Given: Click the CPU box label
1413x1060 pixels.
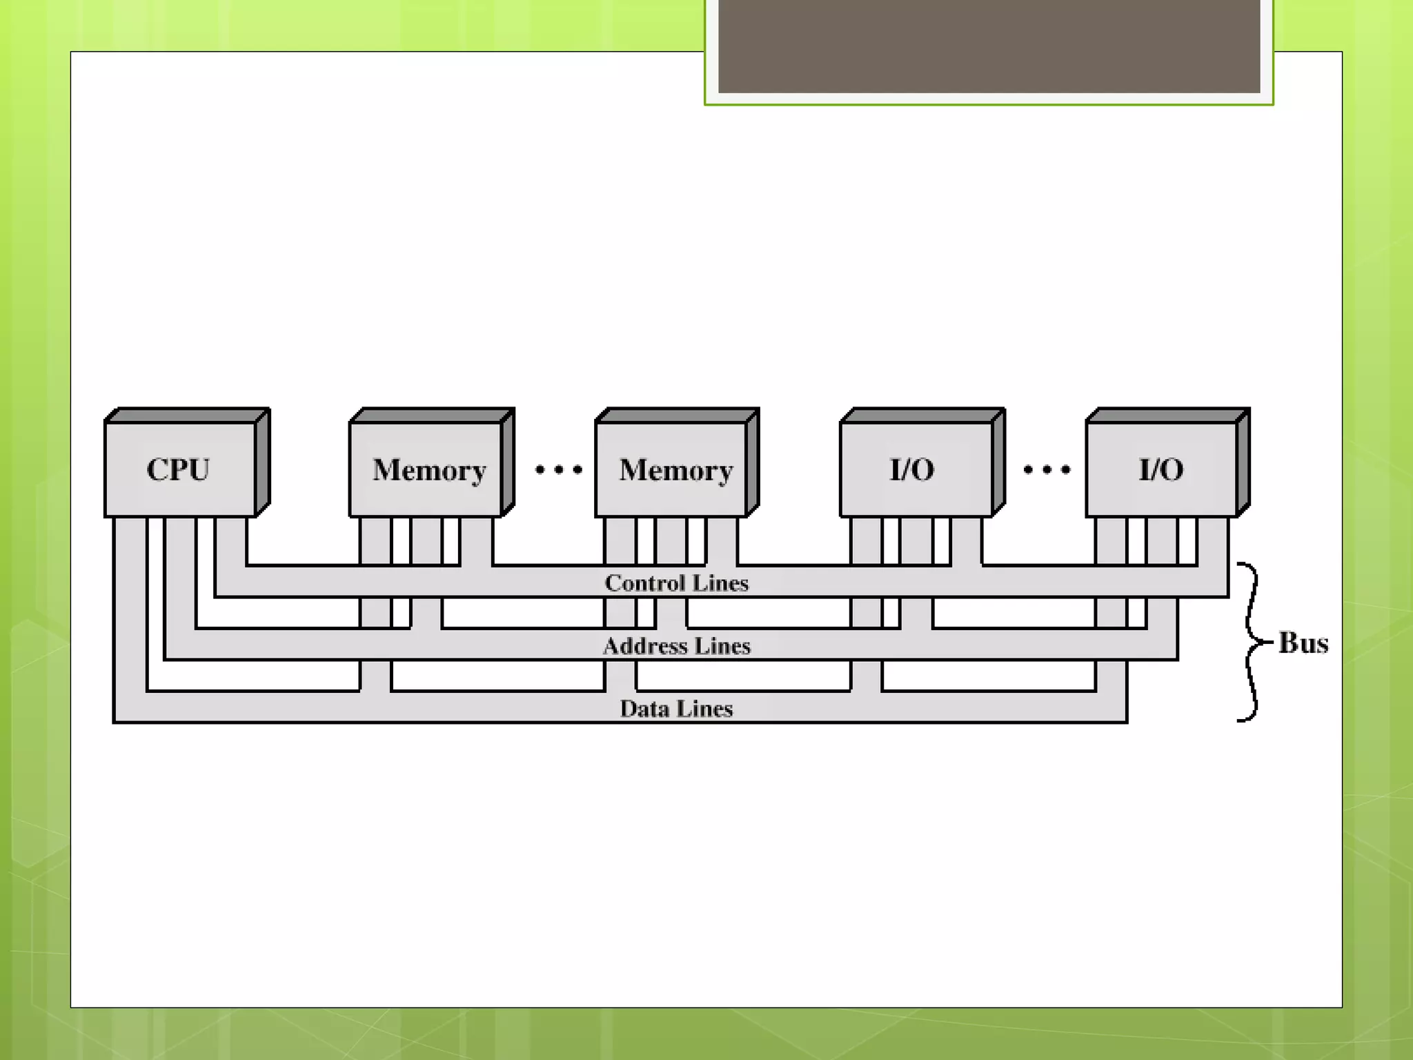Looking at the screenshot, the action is click(178, 470).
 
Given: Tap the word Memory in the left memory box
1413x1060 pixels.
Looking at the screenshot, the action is click(429, 471).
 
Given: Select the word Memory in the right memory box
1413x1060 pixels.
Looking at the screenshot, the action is click(675, 471).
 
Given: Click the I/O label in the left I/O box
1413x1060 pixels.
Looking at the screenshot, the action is click(912, 470).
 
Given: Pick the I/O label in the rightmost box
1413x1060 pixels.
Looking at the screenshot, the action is click(1161, 470).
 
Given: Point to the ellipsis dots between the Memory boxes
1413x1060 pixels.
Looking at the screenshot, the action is click(559, 471).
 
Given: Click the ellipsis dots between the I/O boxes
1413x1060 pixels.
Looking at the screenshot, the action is click(1047, 471).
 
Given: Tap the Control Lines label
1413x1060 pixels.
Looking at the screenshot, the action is click(676, 583).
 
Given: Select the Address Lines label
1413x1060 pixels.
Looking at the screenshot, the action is click(676, 646).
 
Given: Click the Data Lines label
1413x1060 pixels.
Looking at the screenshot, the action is click(676, 709).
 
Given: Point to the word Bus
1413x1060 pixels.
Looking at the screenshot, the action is click(1303, 642).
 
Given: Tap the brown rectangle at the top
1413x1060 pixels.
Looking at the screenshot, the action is click(989, 46).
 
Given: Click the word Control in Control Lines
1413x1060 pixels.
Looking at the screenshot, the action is click(645, 583).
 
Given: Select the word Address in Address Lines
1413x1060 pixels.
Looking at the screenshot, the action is click(645, 646).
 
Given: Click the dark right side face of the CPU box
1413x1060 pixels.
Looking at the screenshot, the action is click(262, 462).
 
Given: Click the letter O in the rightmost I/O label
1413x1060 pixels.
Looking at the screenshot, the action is click(1171, 470).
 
